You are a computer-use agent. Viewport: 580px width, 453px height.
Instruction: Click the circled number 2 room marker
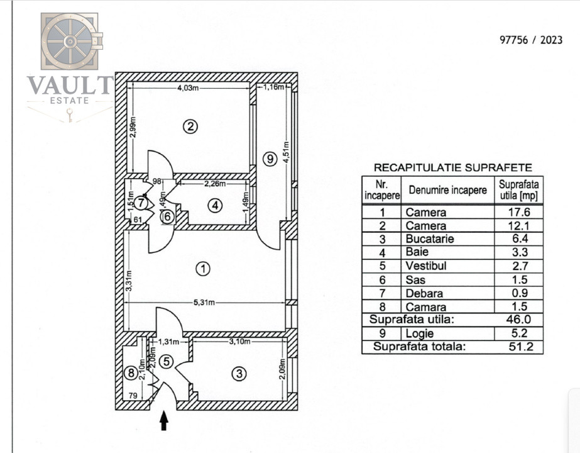click(x=190, y=126)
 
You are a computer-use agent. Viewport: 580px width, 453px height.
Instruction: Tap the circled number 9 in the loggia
click(x=270, y=159)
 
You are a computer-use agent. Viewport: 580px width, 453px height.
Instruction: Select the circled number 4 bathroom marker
click(x=216, y=205)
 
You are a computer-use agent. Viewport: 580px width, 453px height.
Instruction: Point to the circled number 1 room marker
click(x=203, y=269)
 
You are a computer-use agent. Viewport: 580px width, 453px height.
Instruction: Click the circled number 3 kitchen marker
click(x=239, y=373)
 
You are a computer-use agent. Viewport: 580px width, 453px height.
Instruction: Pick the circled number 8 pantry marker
click(x=131, y=372)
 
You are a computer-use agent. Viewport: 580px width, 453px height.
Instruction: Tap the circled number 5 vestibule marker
click(x=167, y=361)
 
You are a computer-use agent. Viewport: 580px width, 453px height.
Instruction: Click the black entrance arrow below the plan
click(x=164, y=421)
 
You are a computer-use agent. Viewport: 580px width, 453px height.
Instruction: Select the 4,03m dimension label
click(x=189, y=88)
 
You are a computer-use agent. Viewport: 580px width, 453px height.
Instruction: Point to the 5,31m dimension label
click(x=204, y=303)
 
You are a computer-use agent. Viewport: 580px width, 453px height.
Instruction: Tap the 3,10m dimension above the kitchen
click(x=239, y=341)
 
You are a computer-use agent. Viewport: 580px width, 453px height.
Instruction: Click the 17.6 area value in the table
click(x=519, y=212)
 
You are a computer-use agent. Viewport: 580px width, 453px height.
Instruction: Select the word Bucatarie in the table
click(x=430, y=238)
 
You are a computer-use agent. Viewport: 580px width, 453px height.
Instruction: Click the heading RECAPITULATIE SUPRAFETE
click(x=453, y=167)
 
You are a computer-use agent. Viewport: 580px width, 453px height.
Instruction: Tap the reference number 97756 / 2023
click(x=531, y=40)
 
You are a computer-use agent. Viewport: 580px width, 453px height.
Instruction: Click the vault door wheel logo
click(x=70, y=42)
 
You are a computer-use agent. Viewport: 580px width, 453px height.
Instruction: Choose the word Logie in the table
click(x=420, y=333)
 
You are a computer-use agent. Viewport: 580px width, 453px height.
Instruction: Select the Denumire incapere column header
click(x=447, y=190)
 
